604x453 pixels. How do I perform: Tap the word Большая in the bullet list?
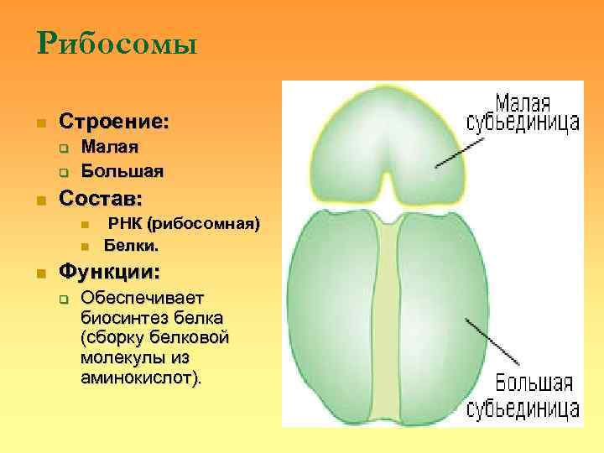[122, 170]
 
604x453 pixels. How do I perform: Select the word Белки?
[131, 246]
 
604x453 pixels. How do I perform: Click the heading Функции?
[108, 273]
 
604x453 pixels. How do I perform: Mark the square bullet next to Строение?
[39, 123]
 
